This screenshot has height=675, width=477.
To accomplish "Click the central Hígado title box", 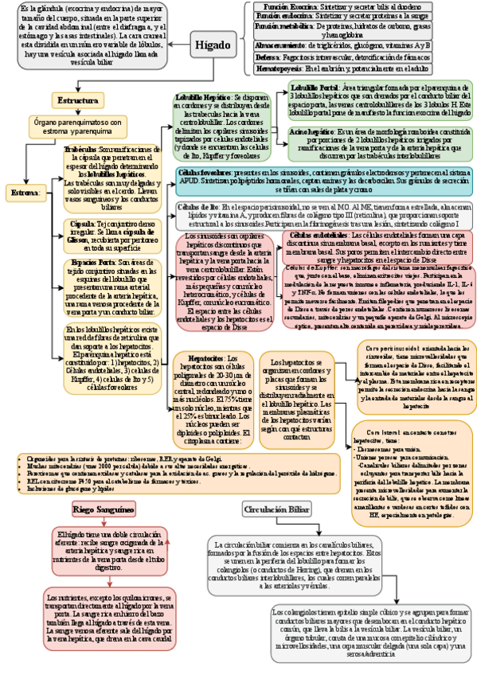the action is (212, 45).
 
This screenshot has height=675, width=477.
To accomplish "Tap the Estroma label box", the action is (24, 193).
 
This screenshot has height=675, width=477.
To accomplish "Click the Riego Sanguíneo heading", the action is (104, 508).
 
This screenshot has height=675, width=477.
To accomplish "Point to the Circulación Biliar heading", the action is (276, 509).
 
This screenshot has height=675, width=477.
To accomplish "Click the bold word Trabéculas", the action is (80, 148).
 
